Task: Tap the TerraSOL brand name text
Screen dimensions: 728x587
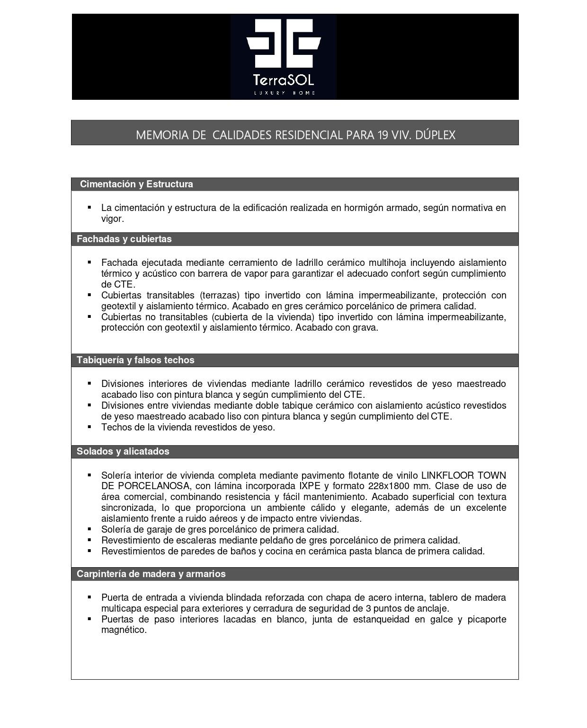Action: [x=284, y=79]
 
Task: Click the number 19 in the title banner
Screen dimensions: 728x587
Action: [x=382, y=135]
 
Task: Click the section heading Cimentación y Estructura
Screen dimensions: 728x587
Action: [x=136, y=184]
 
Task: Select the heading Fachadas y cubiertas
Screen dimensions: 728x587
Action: [x=124, y=239]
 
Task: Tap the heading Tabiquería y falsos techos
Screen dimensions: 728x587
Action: [x=135, y=360]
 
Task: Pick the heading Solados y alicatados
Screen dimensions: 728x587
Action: [x=123, y=451]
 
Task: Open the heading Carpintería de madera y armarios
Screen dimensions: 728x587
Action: [x=151, y=574]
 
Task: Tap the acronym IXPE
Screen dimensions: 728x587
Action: [x=310, y=486]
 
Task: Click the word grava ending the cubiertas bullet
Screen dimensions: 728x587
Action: [x=365, y=328]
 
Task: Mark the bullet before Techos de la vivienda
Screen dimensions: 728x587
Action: [x=89, y=427]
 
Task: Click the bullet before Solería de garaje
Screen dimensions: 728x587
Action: [x=89, y=529]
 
